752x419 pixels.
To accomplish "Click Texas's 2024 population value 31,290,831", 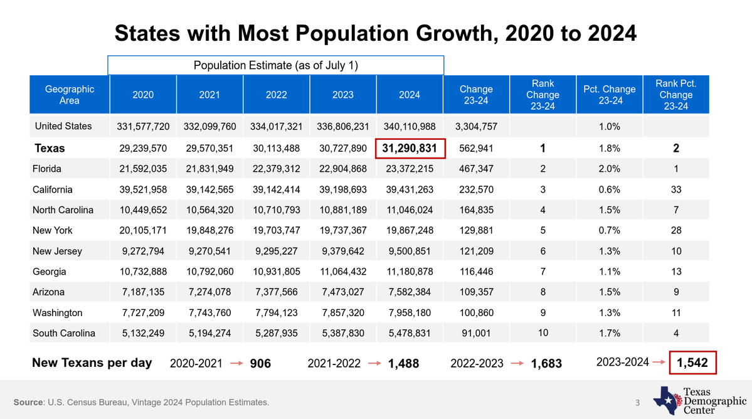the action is (x=410, y=148).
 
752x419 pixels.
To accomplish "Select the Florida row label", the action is (x=47, y=169).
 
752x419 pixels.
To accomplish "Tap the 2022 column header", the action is (x=276, y=95).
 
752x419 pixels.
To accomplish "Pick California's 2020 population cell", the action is (x=143, y=189).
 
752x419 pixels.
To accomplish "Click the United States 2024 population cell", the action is (x=410, y=127).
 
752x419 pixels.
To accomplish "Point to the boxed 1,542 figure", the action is (x=692, y=363).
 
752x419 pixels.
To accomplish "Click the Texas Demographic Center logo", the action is (x=700, y=400).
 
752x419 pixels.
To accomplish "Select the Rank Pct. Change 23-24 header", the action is (x=675, y=95).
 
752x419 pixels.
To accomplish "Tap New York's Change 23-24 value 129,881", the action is (x=476, y=231).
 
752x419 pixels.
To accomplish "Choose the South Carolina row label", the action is (x=64, y=333).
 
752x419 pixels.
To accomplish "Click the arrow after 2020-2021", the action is (x=237, y=363).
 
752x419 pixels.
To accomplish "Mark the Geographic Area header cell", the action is (x=70, y=95).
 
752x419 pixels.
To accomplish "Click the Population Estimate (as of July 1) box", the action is (x=276, y=65).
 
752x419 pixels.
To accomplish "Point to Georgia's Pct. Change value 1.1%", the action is (x=610, y=272).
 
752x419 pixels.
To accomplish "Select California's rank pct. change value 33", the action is (x=676, y=189).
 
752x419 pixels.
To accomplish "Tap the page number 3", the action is (x=637, y=403).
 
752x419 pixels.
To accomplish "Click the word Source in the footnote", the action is (x=28, y=402).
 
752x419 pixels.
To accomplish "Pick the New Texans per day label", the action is (x=92, y=363).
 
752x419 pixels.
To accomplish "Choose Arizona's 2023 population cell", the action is (x=343, y=292).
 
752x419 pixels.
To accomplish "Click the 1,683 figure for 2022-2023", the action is (x=546, y=364).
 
